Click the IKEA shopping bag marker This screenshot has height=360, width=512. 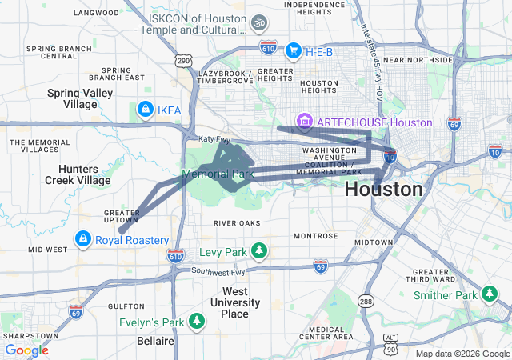click(x=145, y=109)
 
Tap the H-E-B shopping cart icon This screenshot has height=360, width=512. click(x=292, y=50)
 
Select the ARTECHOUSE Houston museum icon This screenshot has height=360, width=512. click(x=304, y=122)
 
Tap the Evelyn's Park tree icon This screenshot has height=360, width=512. click(x=197, y=322)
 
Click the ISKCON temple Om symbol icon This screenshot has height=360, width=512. click(x=258, y=23)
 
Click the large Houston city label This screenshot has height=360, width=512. click(x=383, y=190)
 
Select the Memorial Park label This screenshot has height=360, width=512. click(x=218, y=174)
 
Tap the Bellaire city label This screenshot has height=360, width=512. click(x=154, y=341)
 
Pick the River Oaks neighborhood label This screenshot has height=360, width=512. click(x=238, y=222)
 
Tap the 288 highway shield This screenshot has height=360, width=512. click(x=366, y=301)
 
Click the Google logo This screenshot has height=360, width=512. click(x=26, y=350)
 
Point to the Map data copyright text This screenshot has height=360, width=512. click(x=462, y=354)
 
